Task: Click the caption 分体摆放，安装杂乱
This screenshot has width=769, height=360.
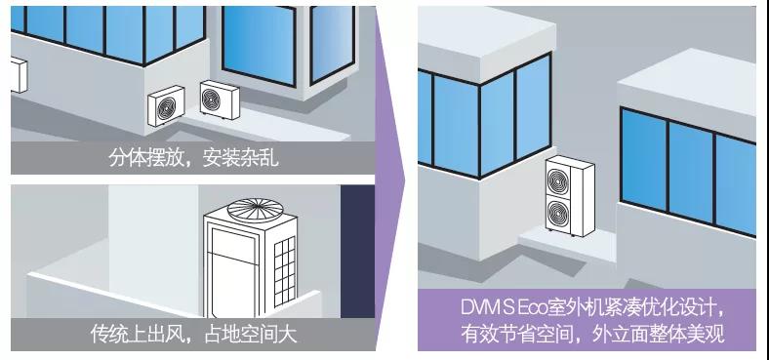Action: point(193,157)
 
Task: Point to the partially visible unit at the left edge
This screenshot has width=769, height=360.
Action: point(16,75)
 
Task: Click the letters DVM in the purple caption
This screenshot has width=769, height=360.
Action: point(481,309)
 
